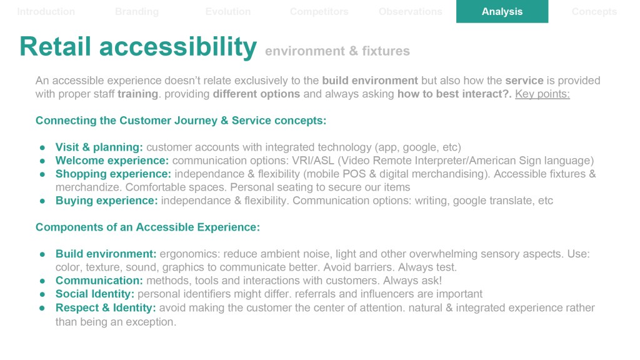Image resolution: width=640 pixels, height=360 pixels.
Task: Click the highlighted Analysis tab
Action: pyautogui.click(x=502, y=11)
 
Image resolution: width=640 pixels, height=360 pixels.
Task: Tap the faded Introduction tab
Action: pyautogui.click(x=46, y=11)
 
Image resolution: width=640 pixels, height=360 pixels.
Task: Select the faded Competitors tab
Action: pyautogui.click(x=319, y=11)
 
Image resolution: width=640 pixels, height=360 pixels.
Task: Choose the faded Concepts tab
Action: pyautogui.click(x=594, y=11)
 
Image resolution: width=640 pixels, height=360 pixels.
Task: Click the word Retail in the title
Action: pyautogui.click(x=56, y=46)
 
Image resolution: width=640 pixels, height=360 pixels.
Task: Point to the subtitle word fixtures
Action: pyautogui.click(x=386, y=51)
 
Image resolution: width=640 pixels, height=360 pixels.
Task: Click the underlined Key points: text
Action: pyautogui.click(x=542, y=94)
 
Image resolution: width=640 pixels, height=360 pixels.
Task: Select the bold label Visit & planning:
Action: pyautogui.click(x=99, y=147)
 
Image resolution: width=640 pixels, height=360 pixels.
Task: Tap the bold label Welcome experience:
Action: pyautogui.click(x=112, y=161)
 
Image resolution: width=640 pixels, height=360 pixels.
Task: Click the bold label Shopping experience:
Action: pyautogui.click(x=114, y=174)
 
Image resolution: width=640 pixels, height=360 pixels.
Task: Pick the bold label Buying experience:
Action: pyautogui.click(x=106, y=201)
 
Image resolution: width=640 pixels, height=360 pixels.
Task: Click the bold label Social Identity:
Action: pyautogui.click(x=95, y=294)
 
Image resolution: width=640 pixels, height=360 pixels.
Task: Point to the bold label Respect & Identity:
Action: pyautogui.click(x=106, y=307)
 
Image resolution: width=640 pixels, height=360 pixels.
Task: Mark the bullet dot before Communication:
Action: pyautogui.click(x=42, y=281)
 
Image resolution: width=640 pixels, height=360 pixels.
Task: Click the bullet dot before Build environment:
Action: pyautogui.click(x=42, y=254)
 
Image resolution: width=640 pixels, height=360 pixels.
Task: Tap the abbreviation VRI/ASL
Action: pyautogui.click(x=312, y=161)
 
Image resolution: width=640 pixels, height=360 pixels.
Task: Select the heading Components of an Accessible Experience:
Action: pyautogui.click(x=147, y=227)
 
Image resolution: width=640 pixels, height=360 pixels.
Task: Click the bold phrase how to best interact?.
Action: pyautogui.click(x=454, y=94)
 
